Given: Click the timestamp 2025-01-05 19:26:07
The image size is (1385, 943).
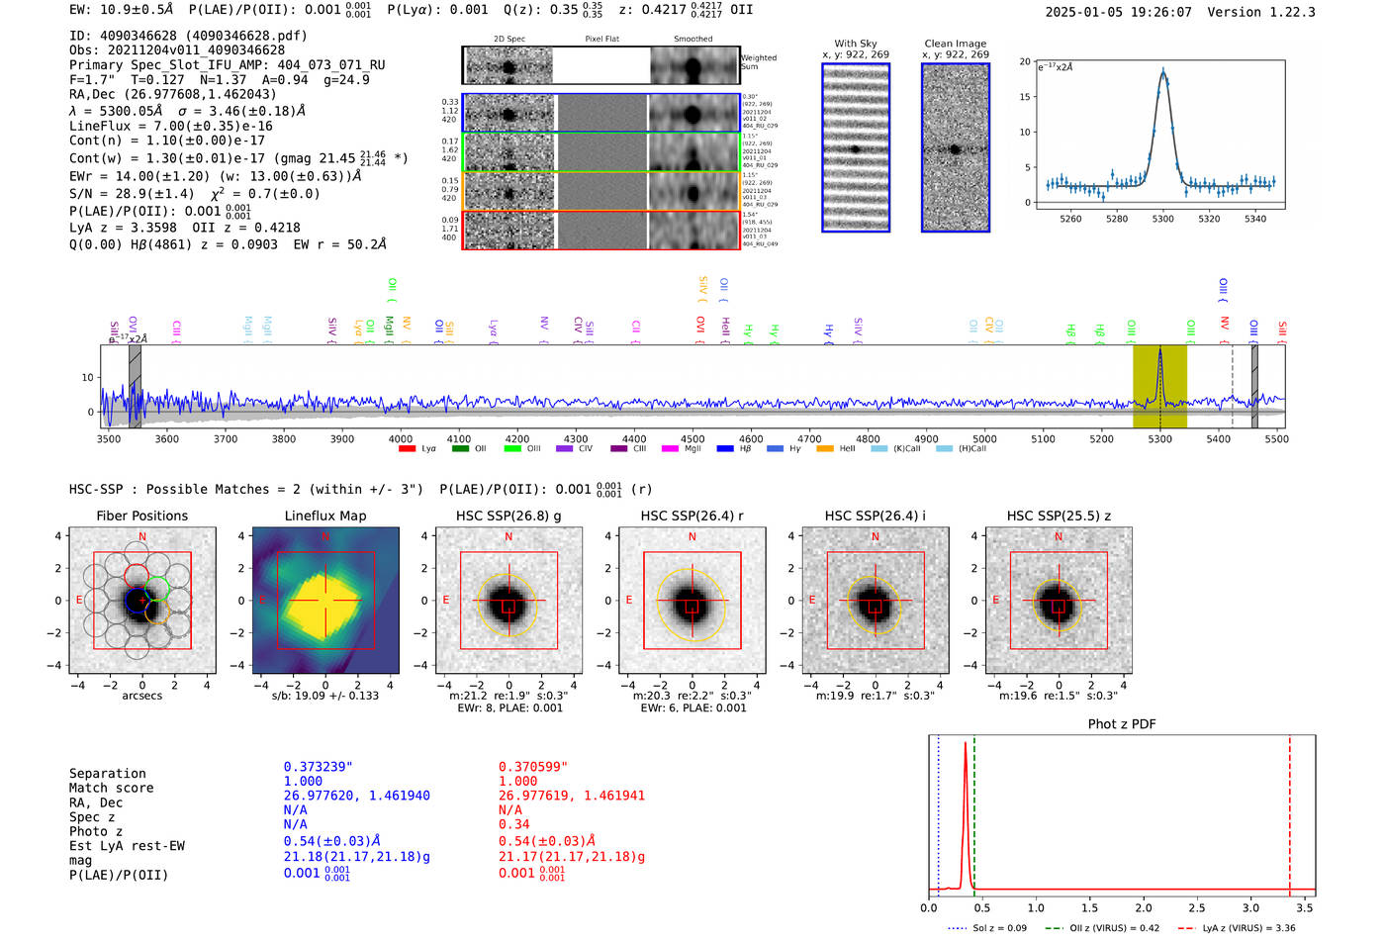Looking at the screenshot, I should click(x=1118, y=12).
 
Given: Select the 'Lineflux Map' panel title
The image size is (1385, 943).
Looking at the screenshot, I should click(x=324, y=516).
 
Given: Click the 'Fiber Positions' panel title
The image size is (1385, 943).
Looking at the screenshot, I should click(x=141, y=516).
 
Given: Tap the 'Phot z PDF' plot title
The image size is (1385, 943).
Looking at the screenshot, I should click(x=1122, y=724).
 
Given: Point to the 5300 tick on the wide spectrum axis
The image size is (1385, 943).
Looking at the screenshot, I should click(x=1159, y=438).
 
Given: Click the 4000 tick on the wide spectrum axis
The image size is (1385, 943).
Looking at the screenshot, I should click(x=400, y=438).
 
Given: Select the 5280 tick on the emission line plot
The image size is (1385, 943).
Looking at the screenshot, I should click(x=1117, y=219).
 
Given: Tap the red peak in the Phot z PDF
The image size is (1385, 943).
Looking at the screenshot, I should click(x=965, y=744).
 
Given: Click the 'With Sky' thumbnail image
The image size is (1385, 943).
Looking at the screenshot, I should click(x=856, y=148).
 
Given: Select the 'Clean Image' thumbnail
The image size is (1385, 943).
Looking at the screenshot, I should click(x=956, y=148).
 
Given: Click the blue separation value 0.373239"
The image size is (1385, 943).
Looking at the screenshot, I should click(x=318, y=767).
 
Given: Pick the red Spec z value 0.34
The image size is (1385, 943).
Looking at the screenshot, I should click(x=513, y=824).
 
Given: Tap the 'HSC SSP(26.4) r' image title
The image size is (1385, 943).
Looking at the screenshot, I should click(x=692, y=516).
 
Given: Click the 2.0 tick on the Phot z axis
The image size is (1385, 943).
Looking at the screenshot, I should click(x=1143, y=907).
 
